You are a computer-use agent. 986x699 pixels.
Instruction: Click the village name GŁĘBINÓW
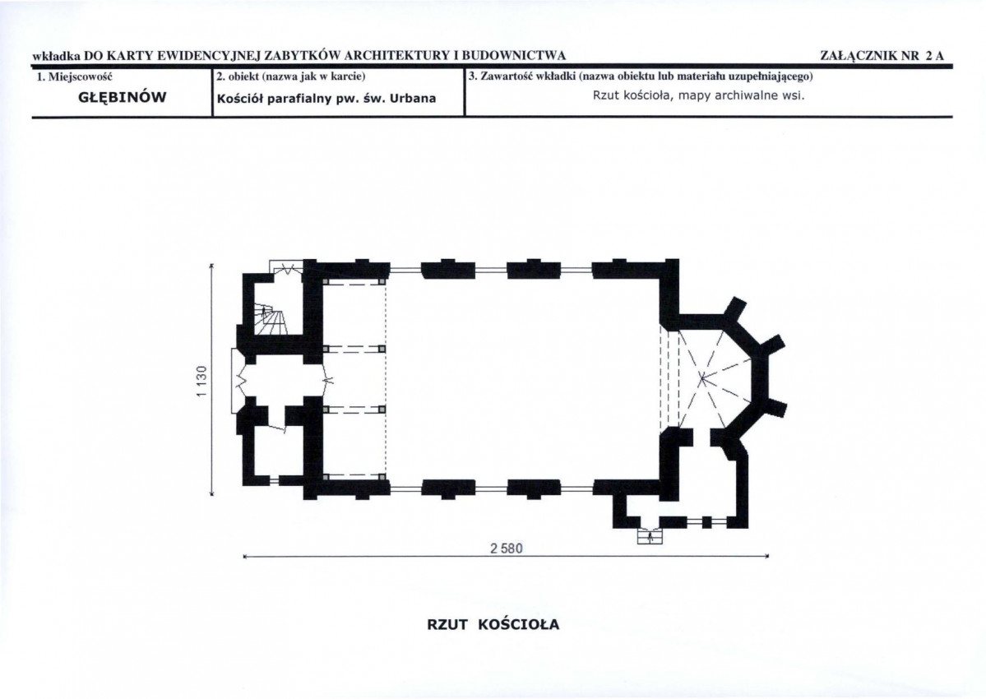122,97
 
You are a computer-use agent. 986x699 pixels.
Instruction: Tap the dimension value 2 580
507,549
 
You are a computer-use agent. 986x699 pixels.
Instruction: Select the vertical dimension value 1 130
201,381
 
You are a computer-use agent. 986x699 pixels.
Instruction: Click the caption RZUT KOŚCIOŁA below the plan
493,625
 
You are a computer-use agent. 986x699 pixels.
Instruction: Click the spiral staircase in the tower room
271,319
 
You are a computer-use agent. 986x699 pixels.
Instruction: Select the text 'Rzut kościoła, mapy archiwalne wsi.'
699,95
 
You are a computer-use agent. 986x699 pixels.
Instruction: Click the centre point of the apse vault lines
703,378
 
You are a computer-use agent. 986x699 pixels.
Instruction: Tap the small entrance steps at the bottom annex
650,535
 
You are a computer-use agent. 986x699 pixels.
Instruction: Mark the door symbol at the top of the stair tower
287,269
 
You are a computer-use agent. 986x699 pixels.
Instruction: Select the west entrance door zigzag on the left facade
239,380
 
